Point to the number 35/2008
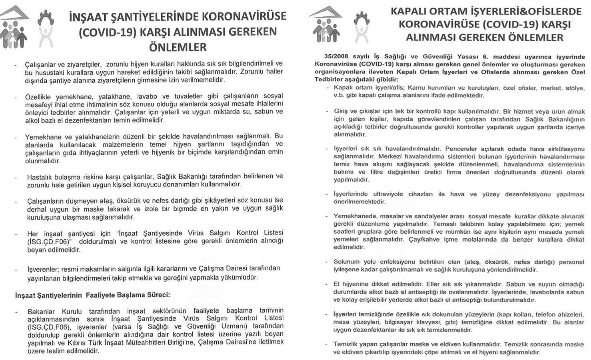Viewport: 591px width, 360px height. tap(332, 56)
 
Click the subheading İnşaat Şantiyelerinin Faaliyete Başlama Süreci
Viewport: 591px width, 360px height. tap(92, 295)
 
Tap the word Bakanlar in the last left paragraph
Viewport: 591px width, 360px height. tap(44, 311)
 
